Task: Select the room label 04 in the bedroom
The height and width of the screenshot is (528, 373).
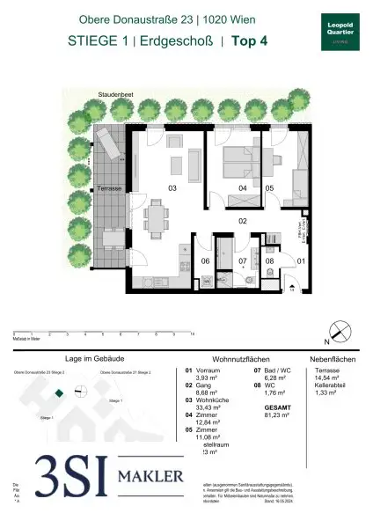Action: (242, 188)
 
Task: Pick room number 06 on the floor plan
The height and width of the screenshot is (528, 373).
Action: (205, 261)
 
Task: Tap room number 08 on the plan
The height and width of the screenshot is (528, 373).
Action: (271, 261)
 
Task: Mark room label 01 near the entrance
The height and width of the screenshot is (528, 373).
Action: (300, 261)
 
